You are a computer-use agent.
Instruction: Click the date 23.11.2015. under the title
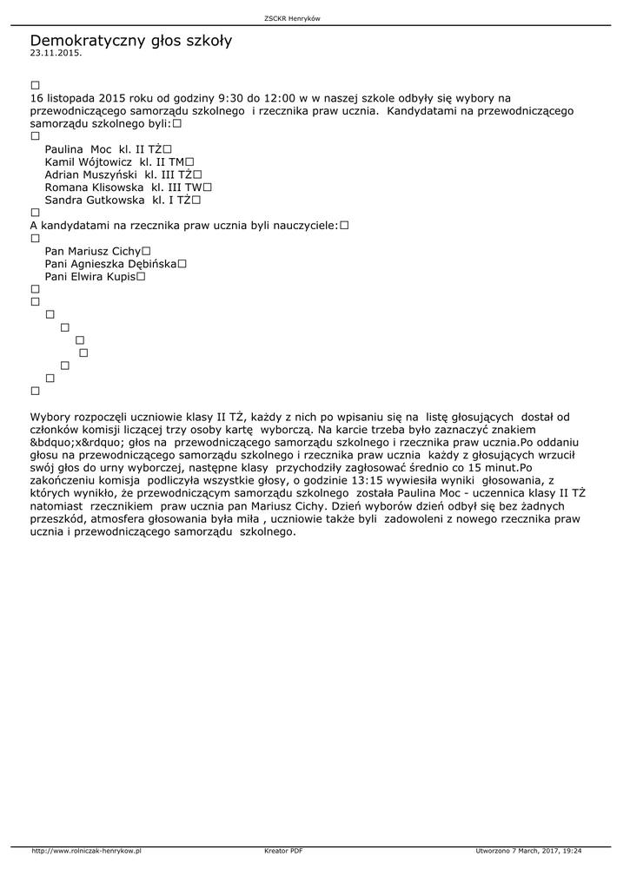(56, 53)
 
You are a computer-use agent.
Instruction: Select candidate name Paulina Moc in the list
(72, 149)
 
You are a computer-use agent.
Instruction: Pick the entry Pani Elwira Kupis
(90, 276)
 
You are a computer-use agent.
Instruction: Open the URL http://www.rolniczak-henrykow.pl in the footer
(87, 851)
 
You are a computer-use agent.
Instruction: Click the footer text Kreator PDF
(283, 851)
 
